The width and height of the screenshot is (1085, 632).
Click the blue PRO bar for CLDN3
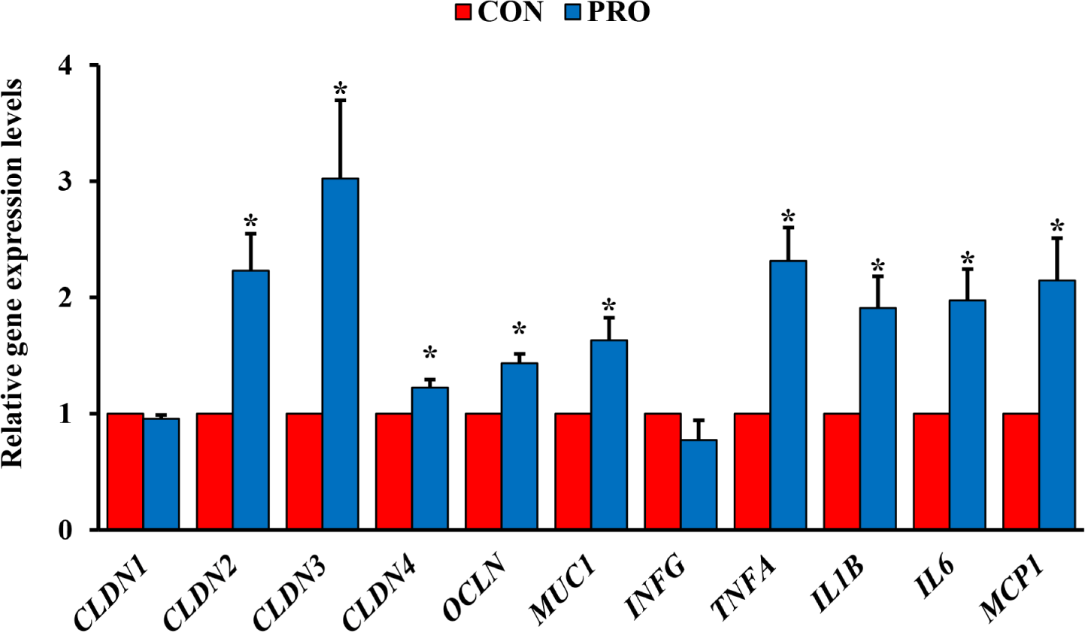click(x=340, y=353)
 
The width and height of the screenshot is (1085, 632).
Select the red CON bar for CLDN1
click(x=126, y=471)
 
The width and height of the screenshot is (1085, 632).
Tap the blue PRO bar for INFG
click(x=699, y=485)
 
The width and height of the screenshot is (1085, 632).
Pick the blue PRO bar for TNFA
click(x=788, y=395)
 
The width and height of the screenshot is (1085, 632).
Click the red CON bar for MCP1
click(x=1021, y=471)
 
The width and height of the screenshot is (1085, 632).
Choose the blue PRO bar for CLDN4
click(x=429, y=458)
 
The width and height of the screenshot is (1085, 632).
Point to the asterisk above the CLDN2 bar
click(x=250, y=222)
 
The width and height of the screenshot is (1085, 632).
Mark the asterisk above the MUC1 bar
click(x=609, y=306)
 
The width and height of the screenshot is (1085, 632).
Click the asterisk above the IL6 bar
click(x=967, y=259)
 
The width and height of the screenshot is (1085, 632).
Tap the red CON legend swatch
click(x=464, y=13)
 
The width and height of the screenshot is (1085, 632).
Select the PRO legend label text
click(x=618, y=13)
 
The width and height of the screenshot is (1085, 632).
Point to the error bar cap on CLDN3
click(x=340, y=100)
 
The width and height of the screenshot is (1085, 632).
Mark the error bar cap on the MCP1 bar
click(x=1056, y=238)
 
